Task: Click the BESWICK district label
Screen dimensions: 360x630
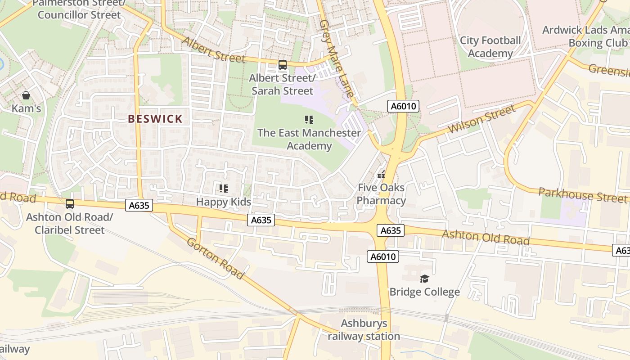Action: (155, 119)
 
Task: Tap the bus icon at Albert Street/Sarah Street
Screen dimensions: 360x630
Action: (282, 65)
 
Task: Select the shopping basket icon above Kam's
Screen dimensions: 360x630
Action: (26, 95)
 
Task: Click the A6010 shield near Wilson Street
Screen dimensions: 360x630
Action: (403, 107)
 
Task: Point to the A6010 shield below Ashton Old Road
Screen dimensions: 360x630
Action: (383, 256)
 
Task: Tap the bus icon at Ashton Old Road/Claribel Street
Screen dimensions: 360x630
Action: (70, 204)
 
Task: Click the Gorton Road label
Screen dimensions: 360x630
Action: (215, 258)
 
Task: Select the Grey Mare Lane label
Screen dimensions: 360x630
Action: (336, 58)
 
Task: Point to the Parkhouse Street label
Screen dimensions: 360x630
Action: (582, 195)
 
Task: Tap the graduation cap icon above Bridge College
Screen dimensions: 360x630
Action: (424, 279)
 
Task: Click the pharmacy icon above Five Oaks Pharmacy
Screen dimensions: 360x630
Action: (381, 175)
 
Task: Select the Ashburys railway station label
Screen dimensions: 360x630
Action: (364, 330)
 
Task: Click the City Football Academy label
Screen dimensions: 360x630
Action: (490, 47)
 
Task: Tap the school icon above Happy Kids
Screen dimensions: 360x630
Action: (223, 189)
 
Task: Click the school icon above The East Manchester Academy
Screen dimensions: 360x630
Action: (309, 120)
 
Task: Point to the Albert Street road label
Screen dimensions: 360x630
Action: (214, 49)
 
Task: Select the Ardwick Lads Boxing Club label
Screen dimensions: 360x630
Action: (585, 36)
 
